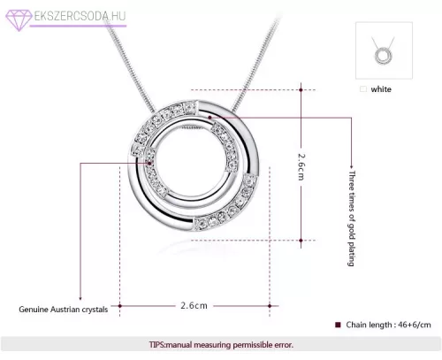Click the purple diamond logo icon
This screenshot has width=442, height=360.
point(19,19)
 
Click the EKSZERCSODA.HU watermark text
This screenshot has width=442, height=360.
point(80,16)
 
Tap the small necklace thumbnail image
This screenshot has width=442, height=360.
point(384,50)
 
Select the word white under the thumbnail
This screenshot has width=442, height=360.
point(381,89)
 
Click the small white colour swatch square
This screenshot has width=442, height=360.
point(363,89)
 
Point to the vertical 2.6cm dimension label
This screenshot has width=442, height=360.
point(301,166)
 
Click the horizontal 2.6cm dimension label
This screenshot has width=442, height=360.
point(194,305)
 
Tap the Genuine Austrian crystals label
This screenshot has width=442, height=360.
point(64,310)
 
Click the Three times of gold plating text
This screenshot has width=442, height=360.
point(352,218)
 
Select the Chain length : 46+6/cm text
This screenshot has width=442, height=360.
point(388,325)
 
